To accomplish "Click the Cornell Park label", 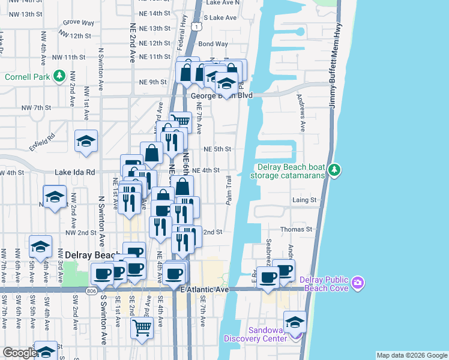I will pyautogui.click(x=28, y=76).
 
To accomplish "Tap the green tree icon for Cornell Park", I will pyautogui.click(x=59, y=76).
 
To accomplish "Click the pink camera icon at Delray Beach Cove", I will pyautogui.click(x=358, y=282).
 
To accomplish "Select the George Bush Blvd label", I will pyautogui.click(x=221, y=95).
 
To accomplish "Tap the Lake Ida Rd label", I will pyautogui.click(x=75, y=172).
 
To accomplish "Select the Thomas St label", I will pyautogui.click(x=300, y=229).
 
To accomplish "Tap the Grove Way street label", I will pyautogui.click(x=79, y=23).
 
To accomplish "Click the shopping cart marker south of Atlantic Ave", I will pyautogui.click(x=142, y=328).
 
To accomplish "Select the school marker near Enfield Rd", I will pyautogui.click(x=86, y=142).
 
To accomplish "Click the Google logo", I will pyautogui.click(x=20, y=353).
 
